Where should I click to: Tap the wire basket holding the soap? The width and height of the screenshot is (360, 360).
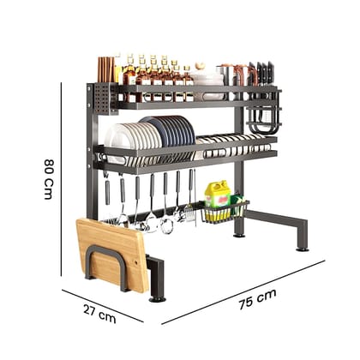coord(225,211)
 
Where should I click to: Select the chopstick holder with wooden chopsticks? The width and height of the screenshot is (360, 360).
coord(105,86)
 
